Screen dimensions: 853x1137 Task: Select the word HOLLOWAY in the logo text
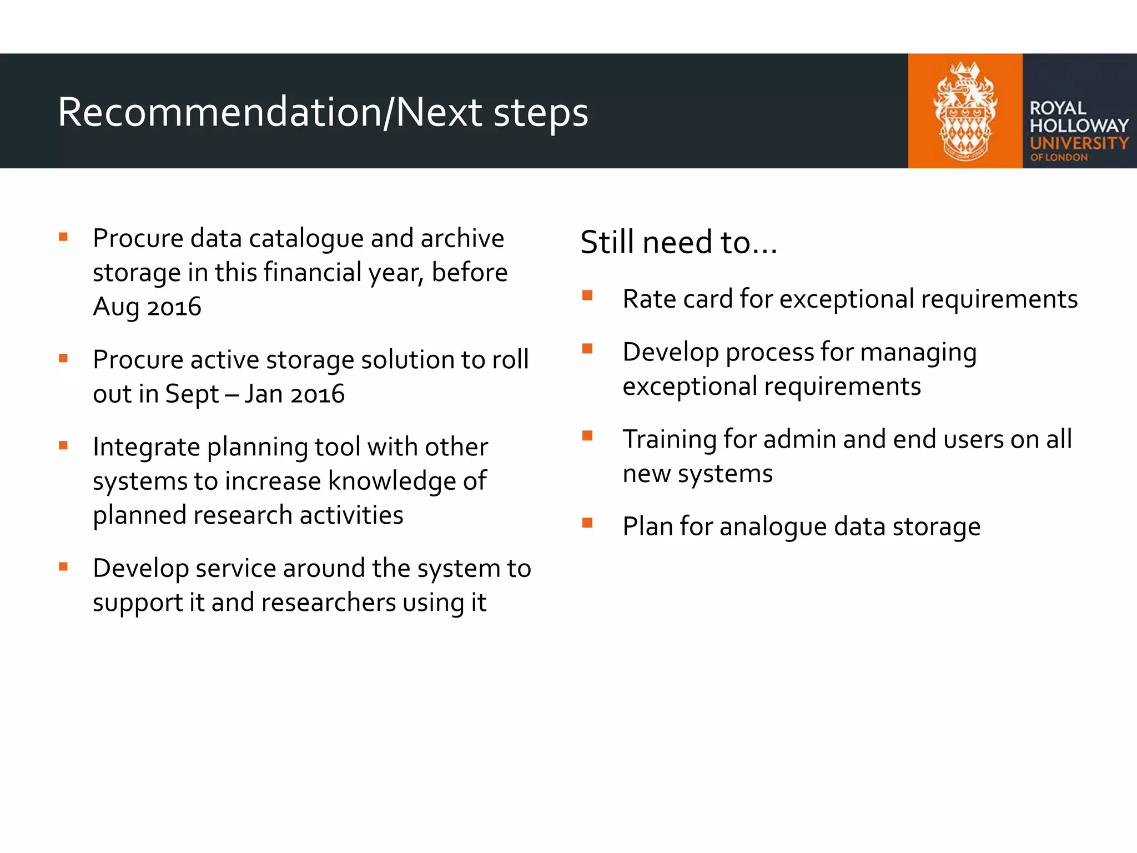click(x=1079, y=126)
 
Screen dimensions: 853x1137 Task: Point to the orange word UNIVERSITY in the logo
click(x=1079, y=143)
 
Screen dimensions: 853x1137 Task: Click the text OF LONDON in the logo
click(x=1059, y=158)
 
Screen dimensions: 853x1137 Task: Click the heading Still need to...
click(x=678, y=242)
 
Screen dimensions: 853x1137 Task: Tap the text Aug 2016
click(x=147, y=307)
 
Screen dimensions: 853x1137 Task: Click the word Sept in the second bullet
click(x=192, y=394)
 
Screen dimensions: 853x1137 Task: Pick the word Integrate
click(x=146, y=447)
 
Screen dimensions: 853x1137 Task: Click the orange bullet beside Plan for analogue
click(x=587, y=523)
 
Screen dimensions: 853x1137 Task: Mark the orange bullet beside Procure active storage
click(x=63, y=358)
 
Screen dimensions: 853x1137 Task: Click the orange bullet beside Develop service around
click(x=63, y=566)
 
